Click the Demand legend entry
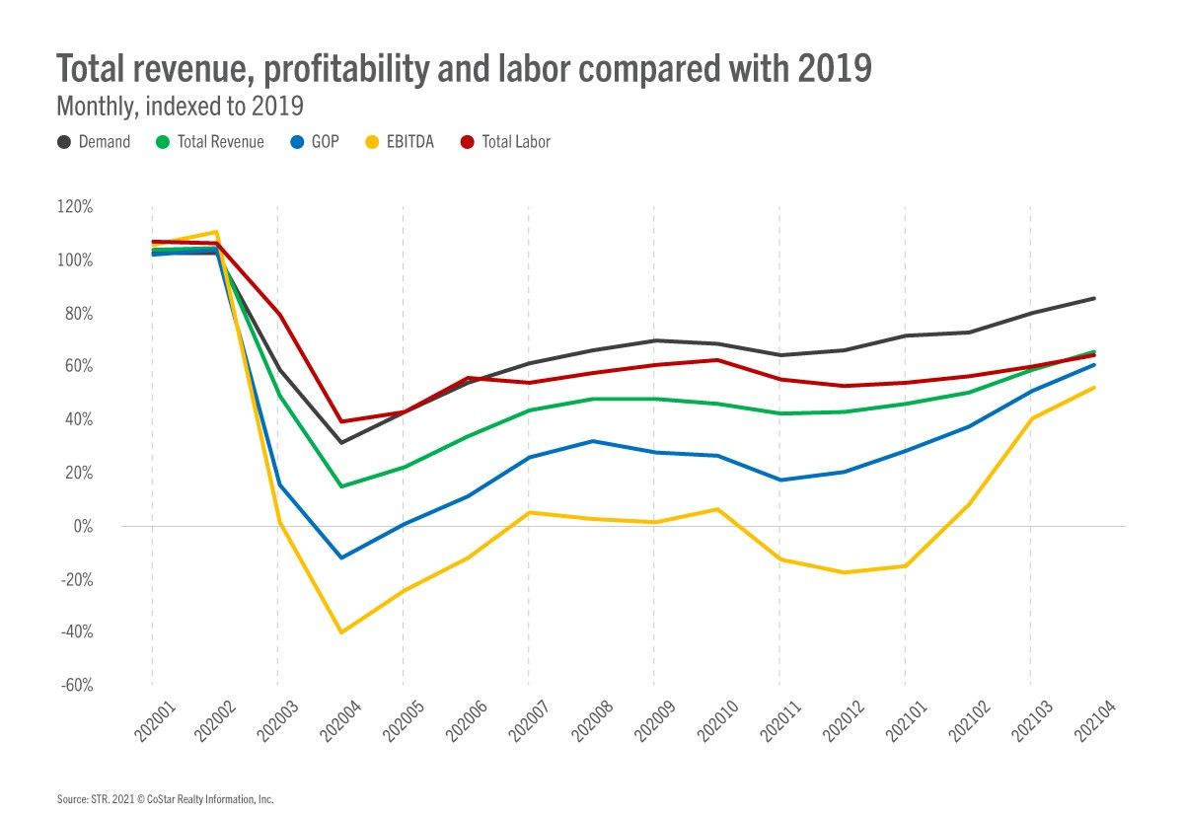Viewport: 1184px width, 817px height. pyautogui.click(x=94, y=142)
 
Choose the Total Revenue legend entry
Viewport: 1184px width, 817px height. pyautogui.click(x=210, y=142)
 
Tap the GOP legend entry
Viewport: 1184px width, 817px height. pyautogui.click(x=313, y=142)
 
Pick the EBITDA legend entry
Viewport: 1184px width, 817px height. pyautogui.click(x=400, y=142)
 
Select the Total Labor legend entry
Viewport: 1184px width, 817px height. pyautogui.click(x=505, y=142)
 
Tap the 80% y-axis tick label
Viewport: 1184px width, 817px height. pyautogui.click(x=77, y=314)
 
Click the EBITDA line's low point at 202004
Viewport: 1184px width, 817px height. pyautogui.click(x=340, y=632)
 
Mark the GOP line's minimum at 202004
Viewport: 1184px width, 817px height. pyautogui.click(x=340, y=557)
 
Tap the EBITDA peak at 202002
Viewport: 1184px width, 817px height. pyautogui.click(x=215, y=232)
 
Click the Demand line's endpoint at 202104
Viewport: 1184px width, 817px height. pyautogui.click(x=1093, y=298)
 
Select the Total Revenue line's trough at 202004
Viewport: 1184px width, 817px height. pyautogui.click(x=340, y=486)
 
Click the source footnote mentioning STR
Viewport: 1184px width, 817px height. pyautogui.click(x=165, y=798)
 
